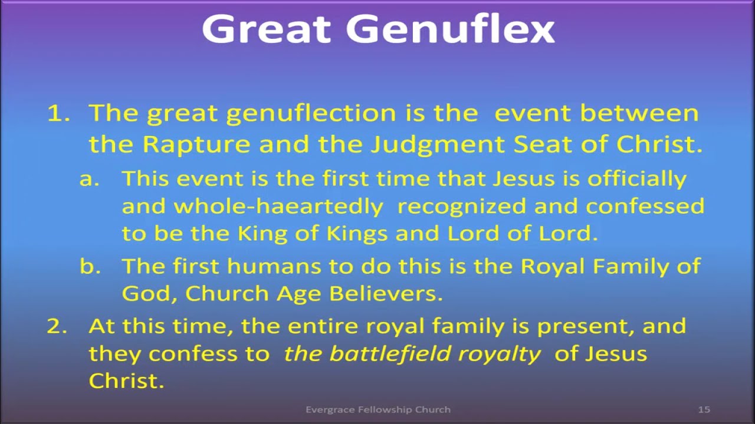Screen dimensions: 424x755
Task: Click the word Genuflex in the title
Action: pyautogui.click(x=451, y=29)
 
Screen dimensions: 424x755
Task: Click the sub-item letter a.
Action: pyautogui.click(x=88, y=178)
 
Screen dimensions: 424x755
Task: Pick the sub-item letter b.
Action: pyautogui.click(x=88, y=266)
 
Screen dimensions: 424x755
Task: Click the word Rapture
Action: pyautogui.click(x=198, y=145)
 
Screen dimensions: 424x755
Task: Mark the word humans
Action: pyautogui.click(x=273, y=266)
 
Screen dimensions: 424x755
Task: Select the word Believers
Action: pyautogui.click(x=386, y=294)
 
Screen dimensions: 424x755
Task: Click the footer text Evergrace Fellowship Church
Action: pyautogui.click(x=377, y=409)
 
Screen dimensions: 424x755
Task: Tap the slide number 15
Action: pyautogui.click(x=704, y=409)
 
